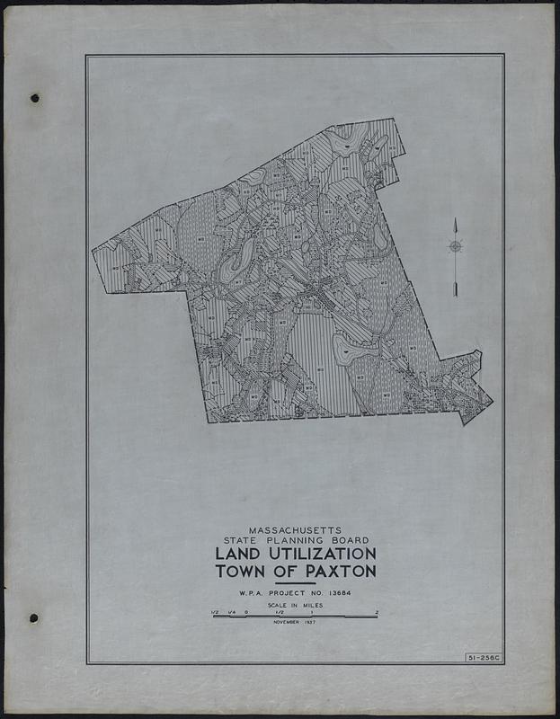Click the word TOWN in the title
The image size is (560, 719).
[244, 573]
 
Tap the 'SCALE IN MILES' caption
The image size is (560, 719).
[294, 607]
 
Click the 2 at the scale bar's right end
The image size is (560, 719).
[377, 612]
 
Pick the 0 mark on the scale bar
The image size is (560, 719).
[246, 612]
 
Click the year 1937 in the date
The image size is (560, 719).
[316, 622]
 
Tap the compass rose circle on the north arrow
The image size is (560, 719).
[455, 246]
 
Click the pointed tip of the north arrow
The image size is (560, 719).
[456, 219]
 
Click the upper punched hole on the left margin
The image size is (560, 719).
[34, 97]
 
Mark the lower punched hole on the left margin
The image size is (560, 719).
[33, 617]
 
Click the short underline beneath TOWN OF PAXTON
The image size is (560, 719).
[295, 583]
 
